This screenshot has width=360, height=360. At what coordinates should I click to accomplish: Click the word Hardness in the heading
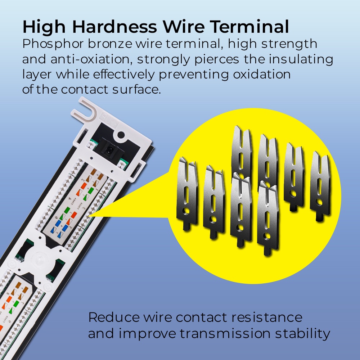pyautogui.click(x=114, y=27)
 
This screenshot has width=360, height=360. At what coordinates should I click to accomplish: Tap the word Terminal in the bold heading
pyautogui.click(x=250, y=27)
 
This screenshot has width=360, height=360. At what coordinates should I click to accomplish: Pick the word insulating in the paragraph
pyautogui.click(x=301, y=60)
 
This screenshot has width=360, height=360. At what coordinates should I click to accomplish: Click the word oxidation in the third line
pyautogui.click(x=262, y=75)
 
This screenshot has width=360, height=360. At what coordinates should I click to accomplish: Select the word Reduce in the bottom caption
pyautogui.click(x=114, y=317)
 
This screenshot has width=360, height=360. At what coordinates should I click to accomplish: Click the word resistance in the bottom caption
pyautogui.click(x=266, y=317)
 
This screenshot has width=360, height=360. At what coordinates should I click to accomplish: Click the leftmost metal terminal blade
pyautogui.click(x=187, y=193)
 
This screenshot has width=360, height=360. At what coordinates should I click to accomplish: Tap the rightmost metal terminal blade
pyautogui.click(x=320, y=186)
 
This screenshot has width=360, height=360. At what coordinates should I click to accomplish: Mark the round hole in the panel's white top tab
pyautogui.click(x=121, y=135)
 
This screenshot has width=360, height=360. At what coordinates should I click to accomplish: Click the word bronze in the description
pyautogui.click(x=110, y=44)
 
